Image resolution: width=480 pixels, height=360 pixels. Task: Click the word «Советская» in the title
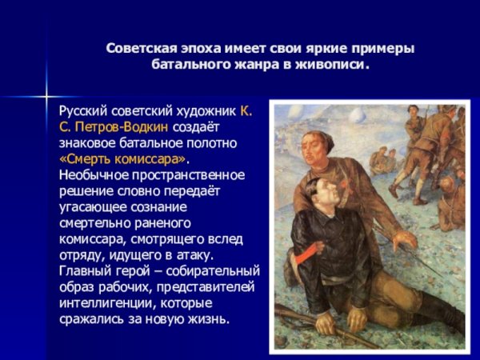[x=138, y=49]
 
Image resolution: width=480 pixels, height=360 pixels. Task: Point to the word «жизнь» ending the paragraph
[x=210, y=319]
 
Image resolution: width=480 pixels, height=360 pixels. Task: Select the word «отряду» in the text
[x=81, y=255]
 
